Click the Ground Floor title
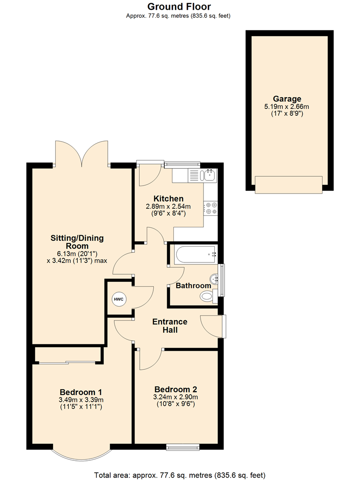tap(179, 7)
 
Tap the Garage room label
tap(287, 99)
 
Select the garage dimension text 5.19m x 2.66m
tap(287, 107)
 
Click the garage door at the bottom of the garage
tap(288, 185)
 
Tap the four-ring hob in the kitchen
tap(210, 208)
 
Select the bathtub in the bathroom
tap(195, 255)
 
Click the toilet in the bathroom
tap(207, 296)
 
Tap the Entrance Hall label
tap(170, 326)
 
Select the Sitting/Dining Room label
tap(77, 242)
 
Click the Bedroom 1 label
tap(81, 392)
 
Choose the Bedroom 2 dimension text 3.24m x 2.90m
tap(175, 397)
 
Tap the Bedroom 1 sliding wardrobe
tap(68, 354)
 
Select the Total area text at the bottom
tap(180, 474)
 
